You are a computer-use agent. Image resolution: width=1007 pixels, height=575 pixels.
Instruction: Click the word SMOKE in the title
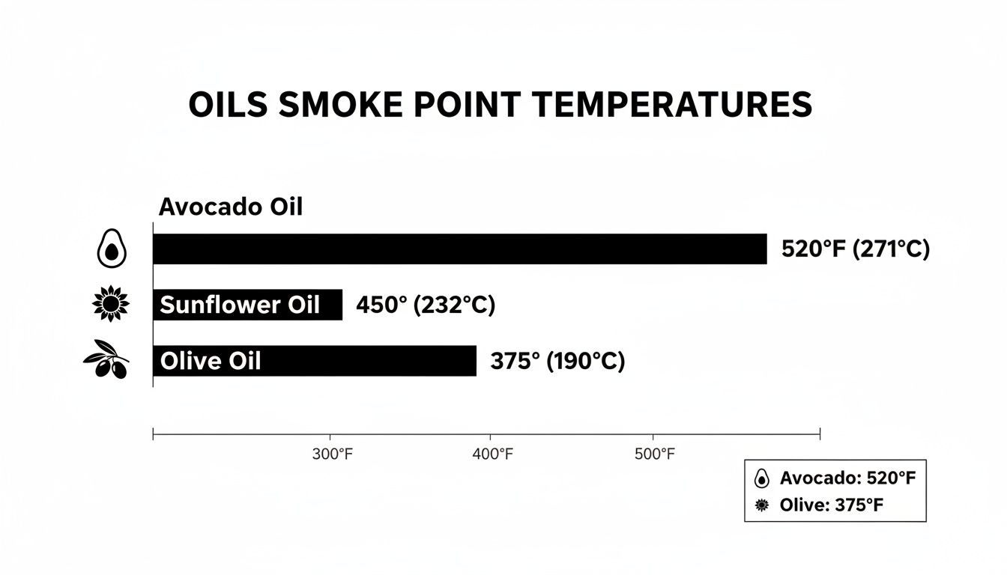click(339, 105)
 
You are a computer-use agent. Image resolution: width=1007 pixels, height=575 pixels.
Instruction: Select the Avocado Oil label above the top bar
click(231, 207)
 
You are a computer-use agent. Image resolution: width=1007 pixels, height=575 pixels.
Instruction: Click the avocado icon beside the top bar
click(112, 249)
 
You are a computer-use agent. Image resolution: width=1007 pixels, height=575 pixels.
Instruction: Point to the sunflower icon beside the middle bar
click(110, 304)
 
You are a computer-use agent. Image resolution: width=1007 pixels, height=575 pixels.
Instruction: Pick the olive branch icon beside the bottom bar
click(106, 359)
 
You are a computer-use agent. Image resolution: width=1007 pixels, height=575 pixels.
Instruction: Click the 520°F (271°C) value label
click(855, 249)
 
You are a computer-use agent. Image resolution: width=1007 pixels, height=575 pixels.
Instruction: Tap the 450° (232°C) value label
click(426, 305)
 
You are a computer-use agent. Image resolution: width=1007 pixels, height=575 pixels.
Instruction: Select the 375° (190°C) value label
click(557, 362)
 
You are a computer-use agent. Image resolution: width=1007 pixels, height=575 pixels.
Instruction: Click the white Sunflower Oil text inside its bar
click(240, 305)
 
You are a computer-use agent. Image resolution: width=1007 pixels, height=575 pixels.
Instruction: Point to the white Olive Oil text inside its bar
click(211, 362)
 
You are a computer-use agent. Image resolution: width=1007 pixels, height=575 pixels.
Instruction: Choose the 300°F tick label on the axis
click(331, 454)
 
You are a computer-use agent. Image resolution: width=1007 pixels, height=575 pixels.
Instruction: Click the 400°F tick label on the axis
click(492, 454)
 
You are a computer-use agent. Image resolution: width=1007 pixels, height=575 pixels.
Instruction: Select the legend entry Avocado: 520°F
click(847, 478)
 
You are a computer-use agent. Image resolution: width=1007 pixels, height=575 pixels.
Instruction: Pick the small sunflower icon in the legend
click(762, 505)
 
